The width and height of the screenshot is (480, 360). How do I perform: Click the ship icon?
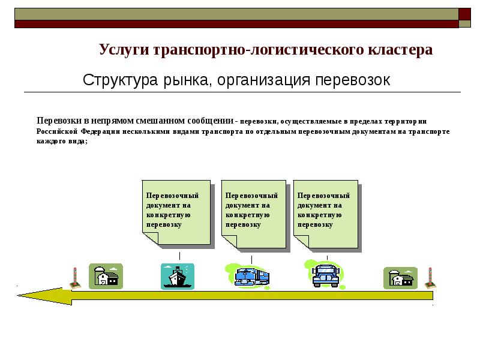[178, 277]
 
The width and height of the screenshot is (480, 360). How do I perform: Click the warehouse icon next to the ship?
[106, 277]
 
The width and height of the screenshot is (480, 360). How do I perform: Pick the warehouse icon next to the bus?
[400, 278]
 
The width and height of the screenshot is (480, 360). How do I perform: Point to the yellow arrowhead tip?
[20, 295]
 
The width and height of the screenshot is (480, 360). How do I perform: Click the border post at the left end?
[76, 278]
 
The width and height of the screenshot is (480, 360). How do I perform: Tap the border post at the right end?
[429, 278]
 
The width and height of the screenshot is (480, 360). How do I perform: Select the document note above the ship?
[176, 212]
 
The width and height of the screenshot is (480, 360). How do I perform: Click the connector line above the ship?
[180, 256]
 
